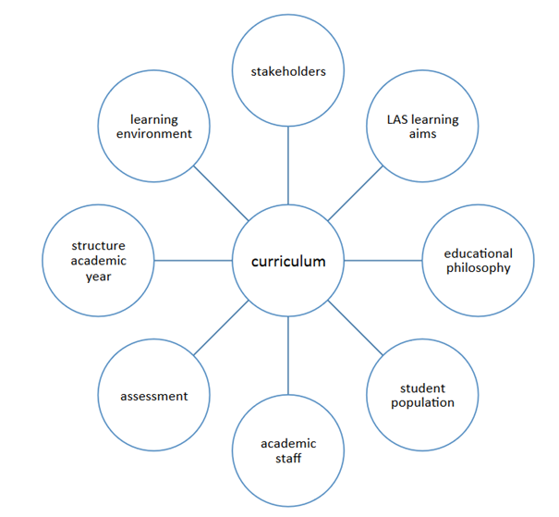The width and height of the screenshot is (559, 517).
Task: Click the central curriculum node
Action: pos(288,261)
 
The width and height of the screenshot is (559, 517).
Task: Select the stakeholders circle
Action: pos(288,71)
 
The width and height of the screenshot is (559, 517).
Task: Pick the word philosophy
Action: pos(478,268)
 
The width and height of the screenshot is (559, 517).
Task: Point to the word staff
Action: pos(288,458)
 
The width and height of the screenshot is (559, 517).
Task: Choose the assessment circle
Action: pos(154,396)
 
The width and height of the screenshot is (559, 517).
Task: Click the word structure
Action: pos(98,246)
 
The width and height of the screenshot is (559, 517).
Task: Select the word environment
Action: pos(154,134)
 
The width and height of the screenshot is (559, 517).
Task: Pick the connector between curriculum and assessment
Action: pos(221,328)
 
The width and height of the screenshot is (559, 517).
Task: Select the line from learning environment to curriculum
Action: pos(221,193)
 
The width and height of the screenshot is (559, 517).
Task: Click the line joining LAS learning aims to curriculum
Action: pos(356,193)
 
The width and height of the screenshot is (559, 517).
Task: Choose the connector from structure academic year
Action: pos(193,261)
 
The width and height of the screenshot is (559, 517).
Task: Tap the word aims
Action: pos(422,135)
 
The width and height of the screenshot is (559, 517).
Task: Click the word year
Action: pos(98,276)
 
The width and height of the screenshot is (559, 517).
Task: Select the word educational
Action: pos(478,253)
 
